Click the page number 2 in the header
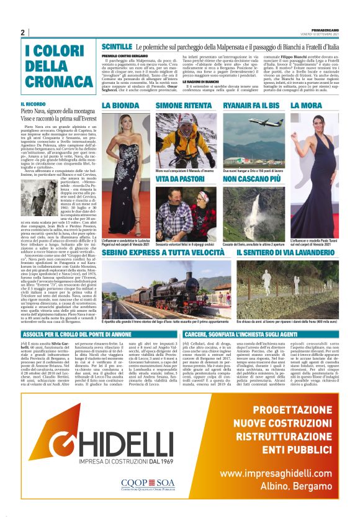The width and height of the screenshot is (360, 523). tap(22, 32)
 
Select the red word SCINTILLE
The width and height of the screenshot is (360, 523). tap(117, 47)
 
